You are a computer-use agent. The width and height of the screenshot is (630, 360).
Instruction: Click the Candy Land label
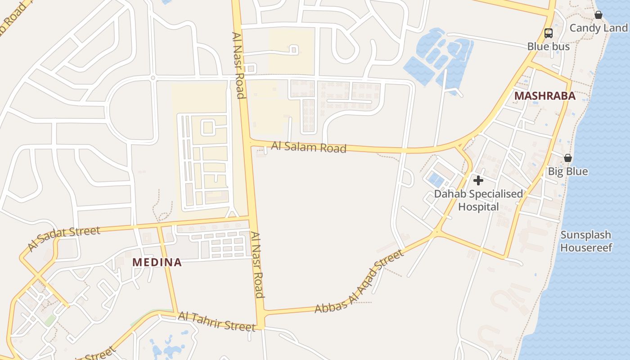click(598, 28)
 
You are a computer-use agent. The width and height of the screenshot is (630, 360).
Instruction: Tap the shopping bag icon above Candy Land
click(598, 15)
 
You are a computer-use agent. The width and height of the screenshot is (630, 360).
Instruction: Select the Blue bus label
click(548, 46)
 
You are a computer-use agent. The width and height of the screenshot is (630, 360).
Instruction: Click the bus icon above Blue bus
click(548, 33)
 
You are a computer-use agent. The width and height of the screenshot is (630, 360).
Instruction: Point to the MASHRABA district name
click(544, 96)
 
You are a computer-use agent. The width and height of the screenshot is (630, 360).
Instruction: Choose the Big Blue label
click(567, 171)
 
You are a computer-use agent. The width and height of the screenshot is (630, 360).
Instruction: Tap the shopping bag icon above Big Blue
click(568, 158)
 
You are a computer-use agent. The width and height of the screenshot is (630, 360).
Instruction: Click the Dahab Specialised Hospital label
click(478, 200)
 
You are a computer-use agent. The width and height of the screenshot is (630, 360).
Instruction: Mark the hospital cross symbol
click(478, 180)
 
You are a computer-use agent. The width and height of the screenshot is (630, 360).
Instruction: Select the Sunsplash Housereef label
click(586, 241)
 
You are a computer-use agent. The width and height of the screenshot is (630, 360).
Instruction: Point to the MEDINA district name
click(157, 262)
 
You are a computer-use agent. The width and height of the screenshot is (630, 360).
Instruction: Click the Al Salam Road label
click(309, 147)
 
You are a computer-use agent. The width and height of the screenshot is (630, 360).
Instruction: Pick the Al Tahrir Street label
click(216, 321)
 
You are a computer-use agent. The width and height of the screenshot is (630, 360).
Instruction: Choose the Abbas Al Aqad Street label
click(359, 282)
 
